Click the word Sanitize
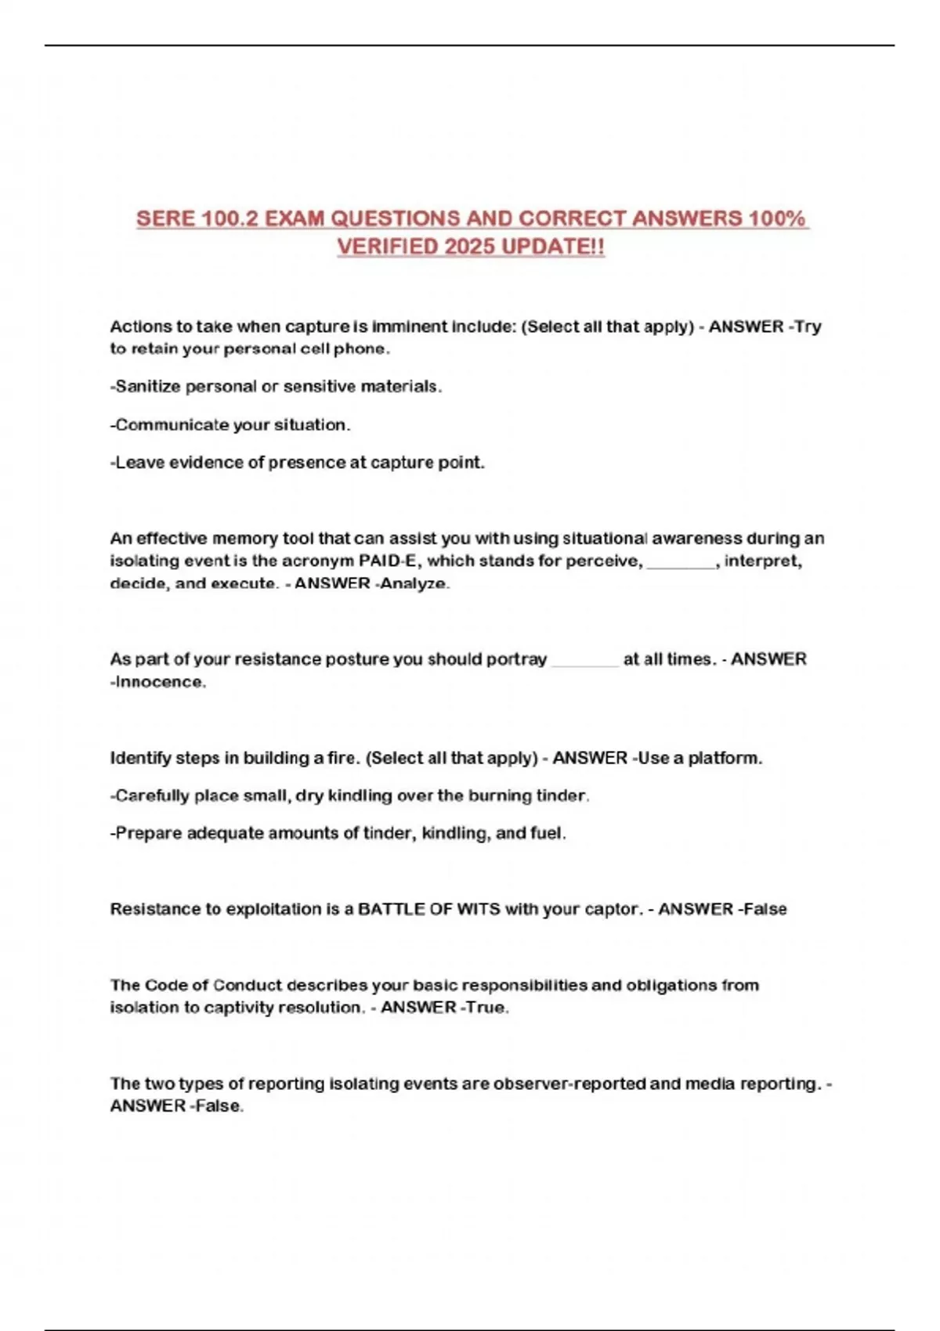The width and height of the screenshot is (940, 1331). (x=148, y=386)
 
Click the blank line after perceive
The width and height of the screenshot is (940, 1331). (x=681, y=562)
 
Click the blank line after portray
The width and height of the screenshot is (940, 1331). (x=584, y=661)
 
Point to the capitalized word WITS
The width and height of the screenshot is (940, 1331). (x=478, y=909)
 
